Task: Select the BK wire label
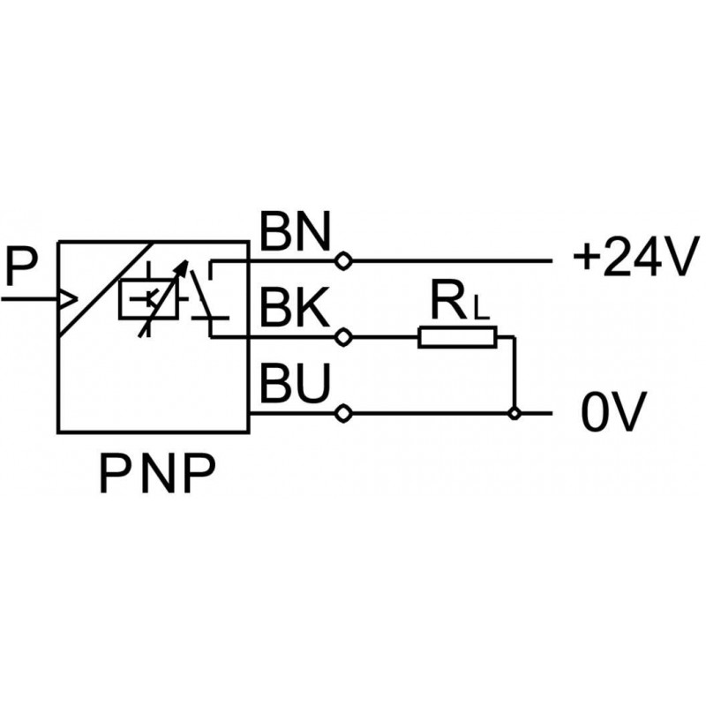[294, 310]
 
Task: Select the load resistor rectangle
[457, 337]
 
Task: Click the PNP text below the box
[156, 477]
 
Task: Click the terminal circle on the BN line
[343, 261]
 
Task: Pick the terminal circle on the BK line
[343, 337]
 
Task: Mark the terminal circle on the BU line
[343, 413]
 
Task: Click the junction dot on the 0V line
[514, 413]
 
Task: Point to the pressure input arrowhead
[67, 300]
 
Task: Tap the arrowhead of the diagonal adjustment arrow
[183, 266]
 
